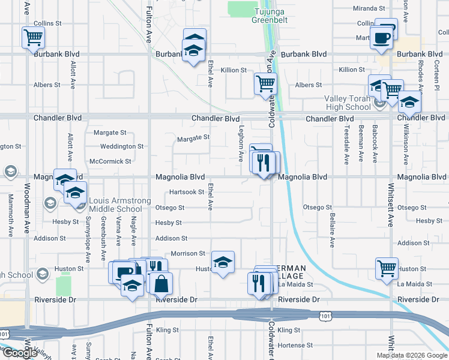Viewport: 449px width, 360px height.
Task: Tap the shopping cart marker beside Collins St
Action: point(33,38)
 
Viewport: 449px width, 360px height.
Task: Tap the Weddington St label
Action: point(122,146)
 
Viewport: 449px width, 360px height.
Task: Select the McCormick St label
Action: point(110,161)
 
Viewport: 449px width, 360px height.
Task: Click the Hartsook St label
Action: point(187,192)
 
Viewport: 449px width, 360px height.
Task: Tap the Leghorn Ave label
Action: point(240,148)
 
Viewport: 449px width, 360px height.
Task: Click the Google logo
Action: point(20,353)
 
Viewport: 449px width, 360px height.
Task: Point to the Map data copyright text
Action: point(411,355)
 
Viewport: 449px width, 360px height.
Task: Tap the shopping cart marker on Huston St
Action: point(387,268)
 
